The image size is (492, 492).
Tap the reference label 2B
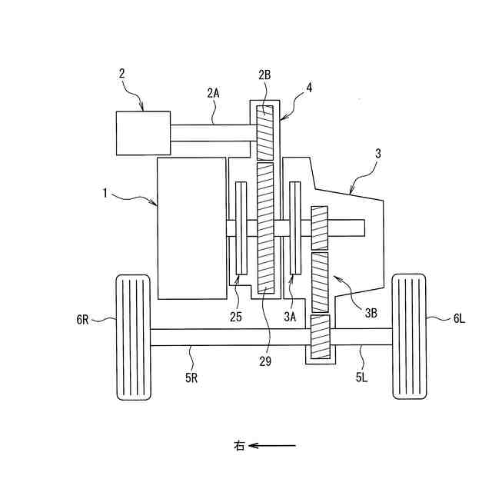[264, 76]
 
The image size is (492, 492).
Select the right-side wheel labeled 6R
[133, 337]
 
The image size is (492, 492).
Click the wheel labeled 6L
[409, 337]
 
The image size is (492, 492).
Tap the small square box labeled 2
[143, 132]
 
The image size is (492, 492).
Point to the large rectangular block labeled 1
[191, 228]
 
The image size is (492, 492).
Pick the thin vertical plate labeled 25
[240, 228]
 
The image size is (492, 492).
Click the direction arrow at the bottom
[273, 444]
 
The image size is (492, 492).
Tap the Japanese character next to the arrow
[240, 445]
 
